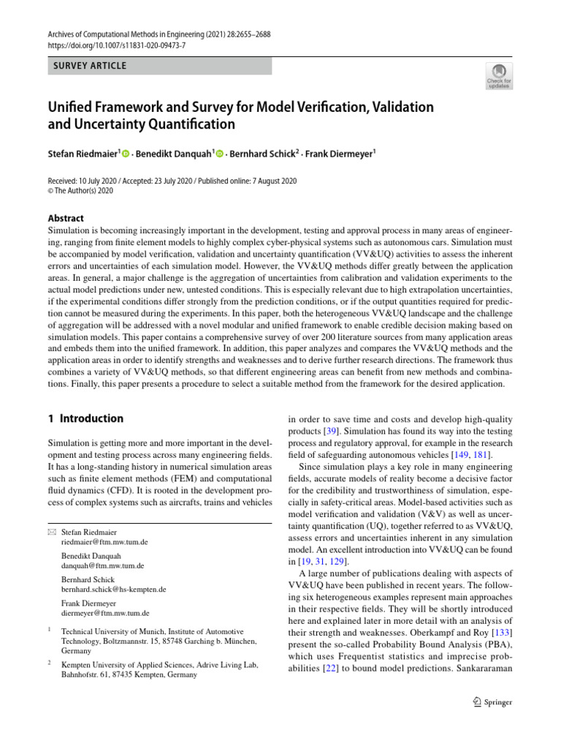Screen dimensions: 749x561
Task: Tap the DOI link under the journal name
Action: tap(117, 45)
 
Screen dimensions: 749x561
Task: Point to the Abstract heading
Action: tap(65, 218)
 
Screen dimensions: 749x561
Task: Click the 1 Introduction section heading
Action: tap(85, 419)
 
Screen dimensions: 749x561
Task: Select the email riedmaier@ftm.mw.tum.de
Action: tap(104, 543)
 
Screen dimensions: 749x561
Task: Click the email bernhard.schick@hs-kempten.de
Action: tap(113, 590)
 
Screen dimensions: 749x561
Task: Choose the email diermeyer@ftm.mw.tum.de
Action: tap(105, 613)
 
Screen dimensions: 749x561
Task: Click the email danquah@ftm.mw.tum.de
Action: tap(103, 566)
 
